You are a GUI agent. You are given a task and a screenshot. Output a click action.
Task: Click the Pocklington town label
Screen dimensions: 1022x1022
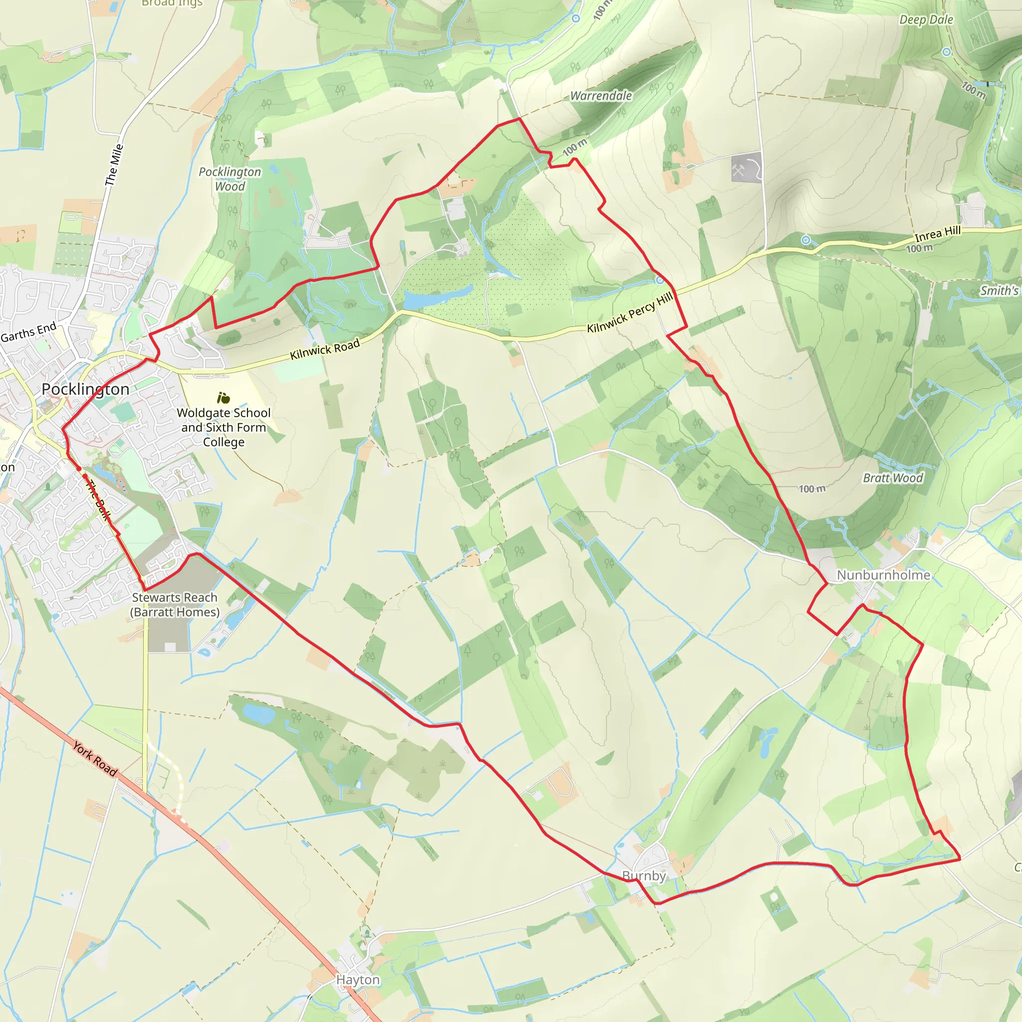(85, 389)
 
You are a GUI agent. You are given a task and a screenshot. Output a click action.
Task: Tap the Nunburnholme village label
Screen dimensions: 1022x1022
(883, 575)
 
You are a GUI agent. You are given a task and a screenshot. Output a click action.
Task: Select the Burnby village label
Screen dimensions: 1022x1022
(643, 875)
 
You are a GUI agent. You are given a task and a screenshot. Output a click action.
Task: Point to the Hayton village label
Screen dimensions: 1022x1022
(358, 980)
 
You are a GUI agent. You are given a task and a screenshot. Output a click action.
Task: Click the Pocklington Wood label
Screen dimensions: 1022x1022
(230, 179)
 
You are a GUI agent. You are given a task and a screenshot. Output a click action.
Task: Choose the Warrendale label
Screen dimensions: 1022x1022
(601, 96)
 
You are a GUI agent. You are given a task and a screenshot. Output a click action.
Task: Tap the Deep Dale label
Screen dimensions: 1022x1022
(926, 19)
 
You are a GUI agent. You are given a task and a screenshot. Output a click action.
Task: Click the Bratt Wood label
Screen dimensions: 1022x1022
(893, 478)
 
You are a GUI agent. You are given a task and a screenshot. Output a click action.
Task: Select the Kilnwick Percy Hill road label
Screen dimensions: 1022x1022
(630, 312)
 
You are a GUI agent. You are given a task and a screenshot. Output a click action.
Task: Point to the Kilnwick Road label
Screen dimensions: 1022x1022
(325, 349)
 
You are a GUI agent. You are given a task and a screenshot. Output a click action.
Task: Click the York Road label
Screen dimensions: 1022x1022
(95, 759)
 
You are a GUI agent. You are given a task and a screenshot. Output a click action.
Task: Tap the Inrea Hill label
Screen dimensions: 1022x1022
(937, 233)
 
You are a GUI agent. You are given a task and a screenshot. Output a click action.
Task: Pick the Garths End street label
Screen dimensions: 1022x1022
(28, 332)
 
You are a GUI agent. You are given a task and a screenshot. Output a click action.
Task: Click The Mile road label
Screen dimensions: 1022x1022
(114, 165)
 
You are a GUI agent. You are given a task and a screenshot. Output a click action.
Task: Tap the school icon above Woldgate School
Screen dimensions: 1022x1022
(223, 397)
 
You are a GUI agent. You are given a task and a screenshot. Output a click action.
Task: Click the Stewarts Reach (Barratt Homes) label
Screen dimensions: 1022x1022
(175, 604)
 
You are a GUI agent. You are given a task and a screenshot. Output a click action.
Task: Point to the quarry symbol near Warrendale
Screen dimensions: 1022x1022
(739, 170)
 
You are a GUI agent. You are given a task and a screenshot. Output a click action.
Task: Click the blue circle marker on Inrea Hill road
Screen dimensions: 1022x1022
(805, 240)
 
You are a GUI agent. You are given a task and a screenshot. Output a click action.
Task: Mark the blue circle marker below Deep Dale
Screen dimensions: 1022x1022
(946, 52)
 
